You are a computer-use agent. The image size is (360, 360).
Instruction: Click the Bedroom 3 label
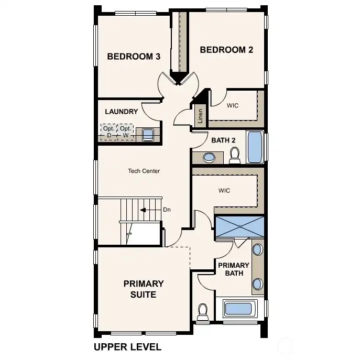pos(134,57)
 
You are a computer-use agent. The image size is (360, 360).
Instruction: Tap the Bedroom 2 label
pos(226,50)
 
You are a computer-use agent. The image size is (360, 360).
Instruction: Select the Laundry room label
pos(121,112)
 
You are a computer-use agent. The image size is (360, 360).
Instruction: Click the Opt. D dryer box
pos(109,132)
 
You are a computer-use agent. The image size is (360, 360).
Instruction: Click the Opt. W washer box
pos(125,132)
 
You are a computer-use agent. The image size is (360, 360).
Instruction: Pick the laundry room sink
pos(148,135)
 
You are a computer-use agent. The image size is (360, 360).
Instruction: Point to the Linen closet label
pos(200,117)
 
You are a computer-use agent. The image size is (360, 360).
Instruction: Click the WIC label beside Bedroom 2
pos(233,105)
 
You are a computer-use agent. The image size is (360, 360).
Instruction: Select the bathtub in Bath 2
pos(255,147)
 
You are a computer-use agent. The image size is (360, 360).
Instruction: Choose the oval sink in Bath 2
pos(209,157)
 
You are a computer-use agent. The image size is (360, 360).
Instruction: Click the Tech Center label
pos(144,171)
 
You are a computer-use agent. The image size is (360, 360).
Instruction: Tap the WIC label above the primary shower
pos(224,191)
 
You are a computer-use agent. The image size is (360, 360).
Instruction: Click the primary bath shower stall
pos(239,226)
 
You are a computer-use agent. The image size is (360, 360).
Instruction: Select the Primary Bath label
pos(234,269)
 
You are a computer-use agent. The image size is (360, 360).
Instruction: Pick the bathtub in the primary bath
pos(238,308)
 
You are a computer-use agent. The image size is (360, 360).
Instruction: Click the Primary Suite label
pos(143,289)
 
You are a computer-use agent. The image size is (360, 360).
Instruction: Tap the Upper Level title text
pos(127,347)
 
